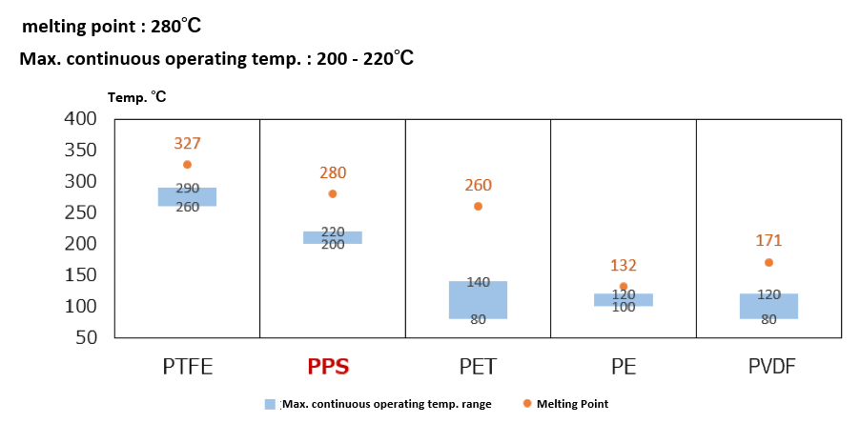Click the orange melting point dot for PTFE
187,165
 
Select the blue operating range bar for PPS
333,237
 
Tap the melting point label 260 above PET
478,186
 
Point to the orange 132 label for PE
624,265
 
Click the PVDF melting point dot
768,262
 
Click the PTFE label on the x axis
187,366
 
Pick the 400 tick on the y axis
80,119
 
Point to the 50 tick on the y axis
86,337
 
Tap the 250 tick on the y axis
80,212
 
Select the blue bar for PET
478,300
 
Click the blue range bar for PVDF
768,306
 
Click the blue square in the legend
271,404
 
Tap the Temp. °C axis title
137,97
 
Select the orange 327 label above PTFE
187,144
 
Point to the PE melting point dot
624,286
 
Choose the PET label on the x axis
478,366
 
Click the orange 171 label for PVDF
768,241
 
